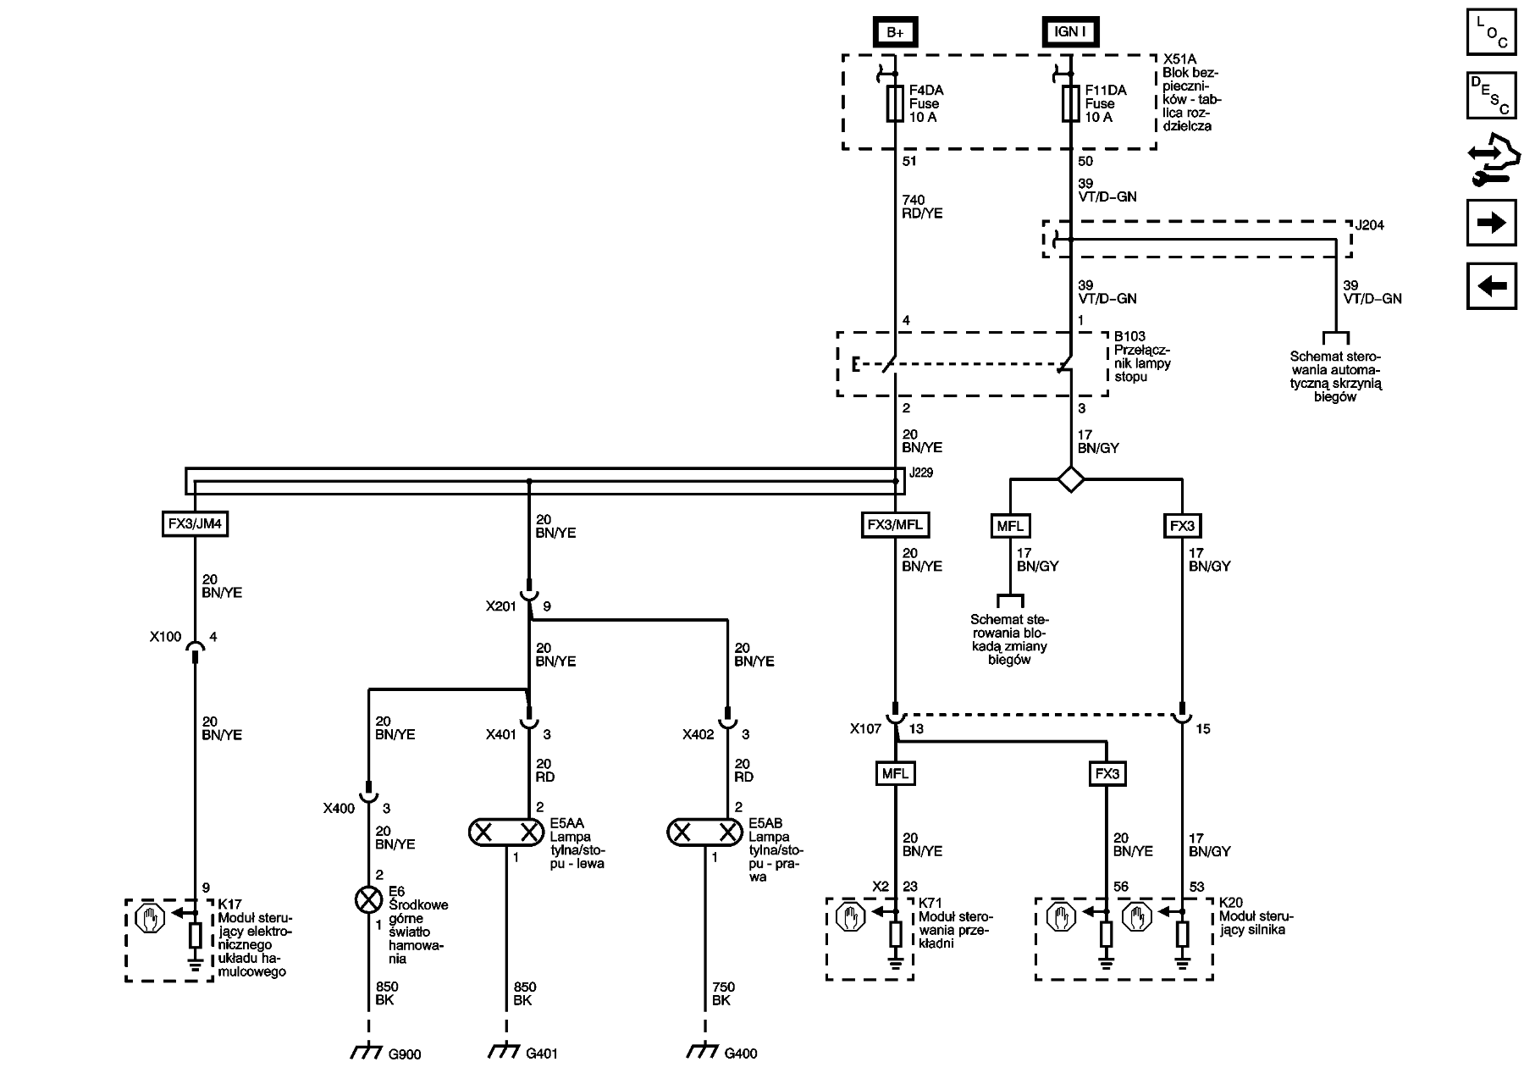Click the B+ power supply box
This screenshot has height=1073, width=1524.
click(895, 32)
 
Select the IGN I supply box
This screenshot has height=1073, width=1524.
click(1070, 32)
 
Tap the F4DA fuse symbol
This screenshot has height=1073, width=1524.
click(895, 103)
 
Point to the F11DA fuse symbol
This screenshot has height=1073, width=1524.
click(1071, 103)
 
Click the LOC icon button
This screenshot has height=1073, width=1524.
click(1491, 33)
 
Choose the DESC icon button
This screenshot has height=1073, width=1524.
click(1491, 96)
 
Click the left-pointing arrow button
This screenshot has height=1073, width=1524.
click(1491, 286)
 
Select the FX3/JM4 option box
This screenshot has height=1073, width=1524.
click(195, 524)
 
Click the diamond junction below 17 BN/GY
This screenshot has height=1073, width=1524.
click(1071, 479)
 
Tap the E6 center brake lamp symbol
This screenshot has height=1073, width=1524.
click(368, 899)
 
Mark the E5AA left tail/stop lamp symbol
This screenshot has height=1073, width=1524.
click(506, 832)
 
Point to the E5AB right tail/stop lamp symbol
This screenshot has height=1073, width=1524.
click(704, 832)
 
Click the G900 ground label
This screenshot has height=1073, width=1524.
click(404, 1054)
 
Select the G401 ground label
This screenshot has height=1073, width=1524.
click(542, 1054)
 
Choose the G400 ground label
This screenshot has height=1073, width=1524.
click(741, 1054)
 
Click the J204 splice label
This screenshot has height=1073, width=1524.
click(1369, 226)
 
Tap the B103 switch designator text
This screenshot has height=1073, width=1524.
click(1129, 336)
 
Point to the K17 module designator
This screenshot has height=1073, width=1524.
click(229, 904)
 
